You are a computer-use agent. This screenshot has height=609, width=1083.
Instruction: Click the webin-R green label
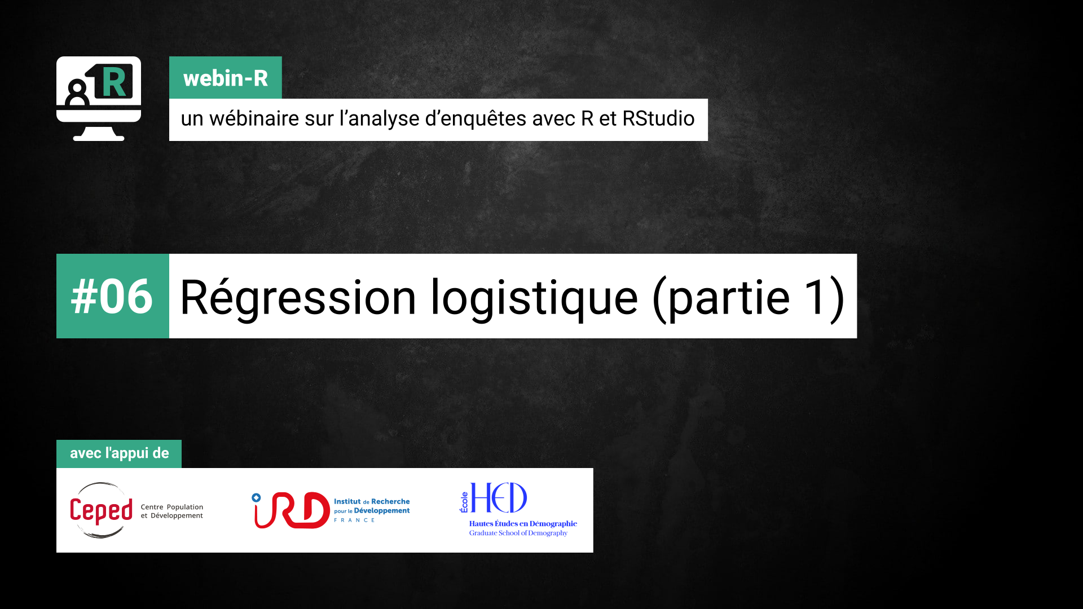226,78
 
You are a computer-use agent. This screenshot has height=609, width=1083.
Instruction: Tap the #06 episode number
112,297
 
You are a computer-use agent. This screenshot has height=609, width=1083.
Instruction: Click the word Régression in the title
298,297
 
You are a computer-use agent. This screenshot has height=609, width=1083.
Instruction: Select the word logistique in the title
534,298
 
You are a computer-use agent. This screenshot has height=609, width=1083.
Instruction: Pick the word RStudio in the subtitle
658,118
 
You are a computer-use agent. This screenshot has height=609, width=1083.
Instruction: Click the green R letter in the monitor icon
114,82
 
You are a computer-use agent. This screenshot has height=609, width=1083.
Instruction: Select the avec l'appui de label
119,453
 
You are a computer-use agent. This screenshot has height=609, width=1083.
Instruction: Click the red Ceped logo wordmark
102,511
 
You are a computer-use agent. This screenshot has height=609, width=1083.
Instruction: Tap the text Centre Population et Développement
172,511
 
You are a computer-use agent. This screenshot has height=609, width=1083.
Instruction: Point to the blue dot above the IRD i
256,497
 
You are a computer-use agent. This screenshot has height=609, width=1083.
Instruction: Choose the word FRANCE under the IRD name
354,520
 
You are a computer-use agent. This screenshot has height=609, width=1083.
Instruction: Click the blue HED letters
499,497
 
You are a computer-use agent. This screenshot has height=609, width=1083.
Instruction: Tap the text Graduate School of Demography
518,533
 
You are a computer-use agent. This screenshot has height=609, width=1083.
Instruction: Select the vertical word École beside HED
464,502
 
